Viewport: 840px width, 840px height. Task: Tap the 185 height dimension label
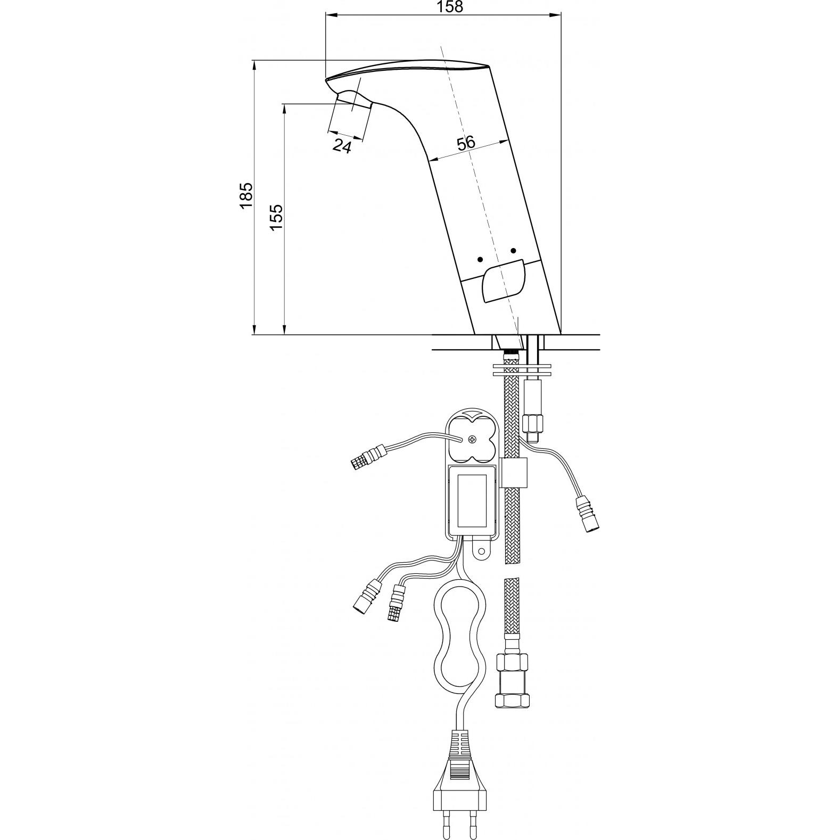(x=245, y=196)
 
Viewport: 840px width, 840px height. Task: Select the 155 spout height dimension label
(x=276, y=217)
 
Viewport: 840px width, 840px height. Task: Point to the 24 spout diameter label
(x=342, y=145)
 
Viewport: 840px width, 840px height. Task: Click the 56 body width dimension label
(x=466, y=143)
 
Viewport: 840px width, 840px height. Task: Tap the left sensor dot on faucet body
(x=480, y=259)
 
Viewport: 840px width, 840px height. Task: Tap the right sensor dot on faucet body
(x=513, y=251)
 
